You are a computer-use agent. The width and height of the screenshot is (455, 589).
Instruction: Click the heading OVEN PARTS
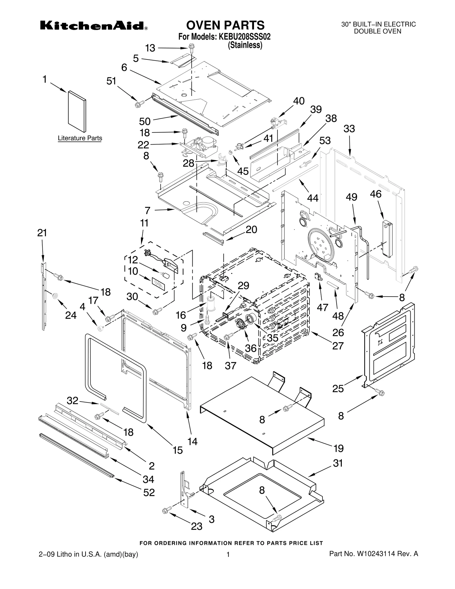(225, 25)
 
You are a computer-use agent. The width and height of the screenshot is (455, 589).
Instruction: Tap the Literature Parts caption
(80, 138)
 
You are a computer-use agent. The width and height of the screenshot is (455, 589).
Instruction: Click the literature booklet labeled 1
(77, 111)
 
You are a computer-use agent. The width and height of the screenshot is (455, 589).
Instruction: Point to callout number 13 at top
(150, 48)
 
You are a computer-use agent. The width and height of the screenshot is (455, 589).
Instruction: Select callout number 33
(349, 129)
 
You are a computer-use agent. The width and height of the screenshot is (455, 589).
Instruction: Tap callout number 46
(375, 194)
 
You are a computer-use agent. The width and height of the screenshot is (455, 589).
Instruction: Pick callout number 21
(42, 233)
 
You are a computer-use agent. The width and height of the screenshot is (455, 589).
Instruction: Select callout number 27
(338, 346)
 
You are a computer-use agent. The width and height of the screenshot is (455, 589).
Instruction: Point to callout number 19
(338, 449)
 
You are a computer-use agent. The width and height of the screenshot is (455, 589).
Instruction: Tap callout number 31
(338, 463)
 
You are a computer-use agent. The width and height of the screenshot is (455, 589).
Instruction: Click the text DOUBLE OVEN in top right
(377, 31)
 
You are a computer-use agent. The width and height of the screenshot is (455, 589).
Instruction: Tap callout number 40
(299, 101)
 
